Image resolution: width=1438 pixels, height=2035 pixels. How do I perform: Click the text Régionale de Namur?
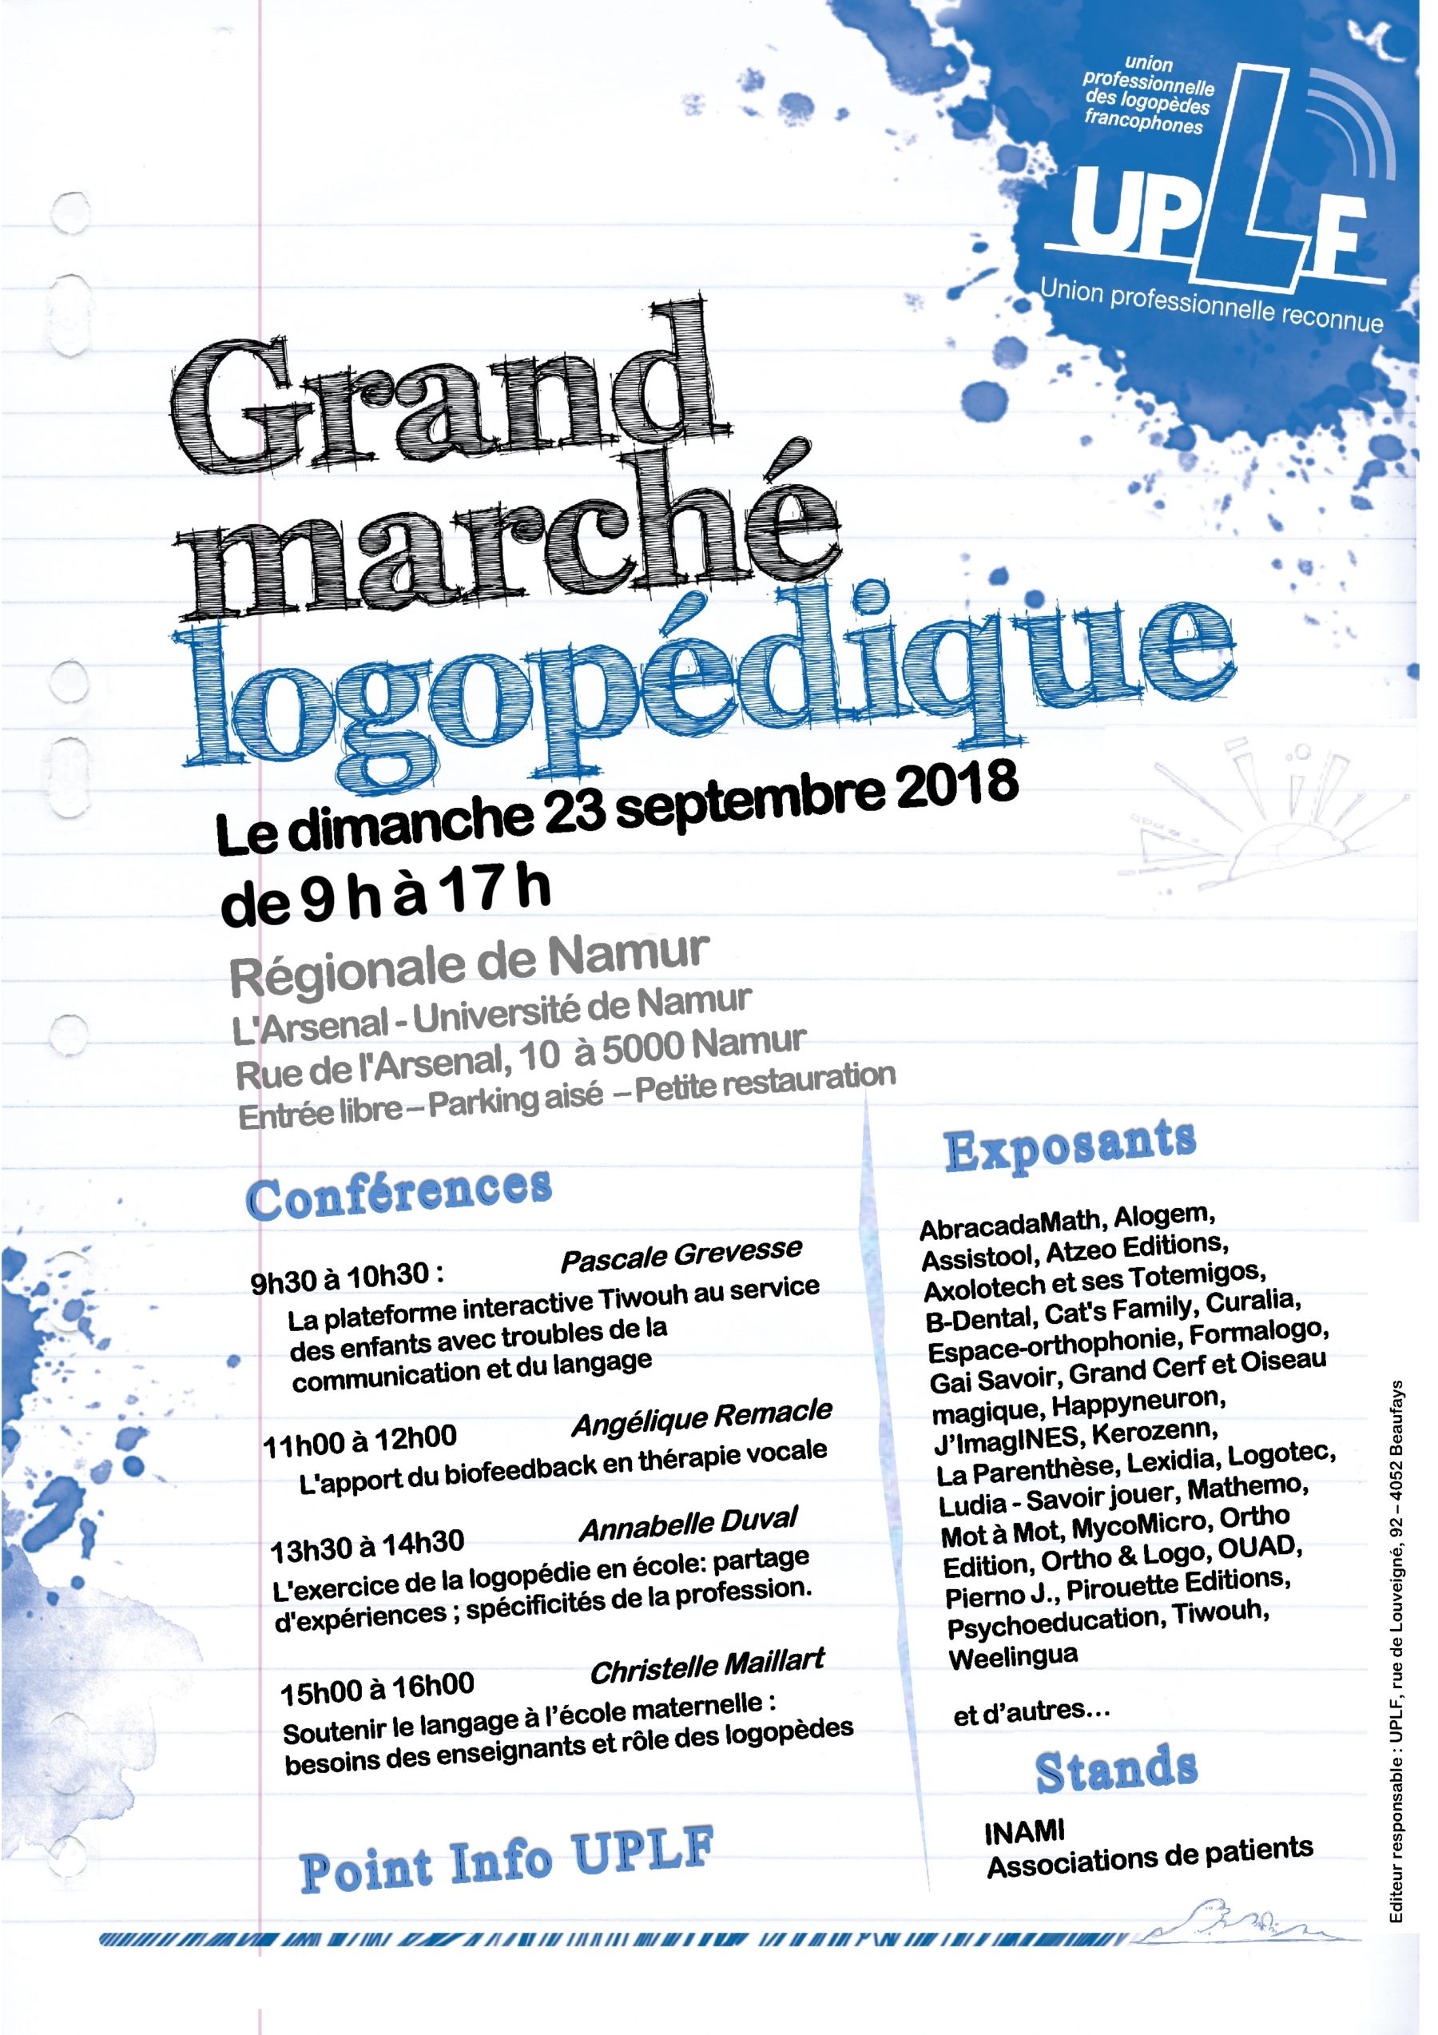470,964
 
